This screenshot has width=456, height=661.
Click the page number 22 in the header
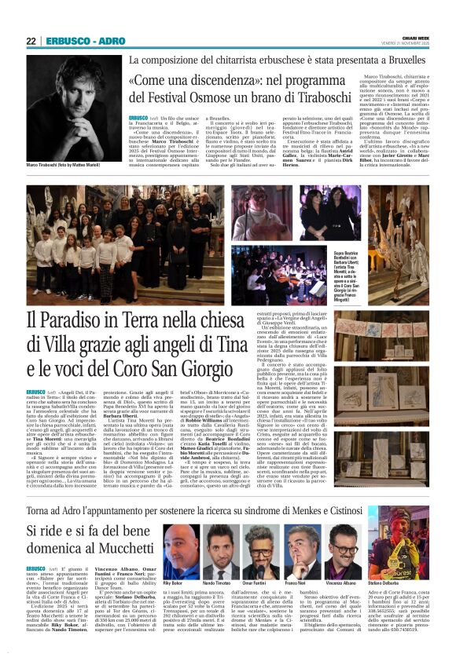pyautogui.click(x=31, y=41)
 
